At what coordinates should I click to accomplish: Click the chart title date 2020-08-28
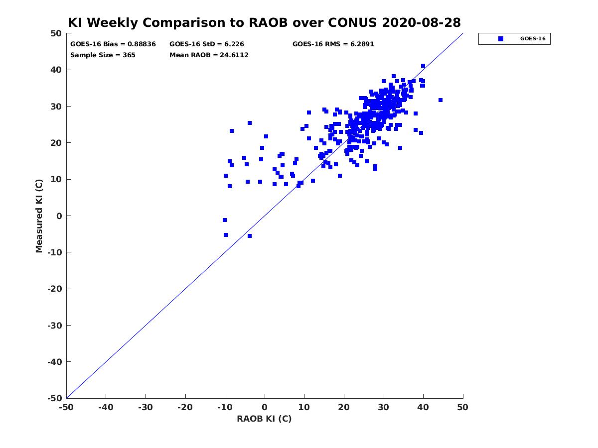(421, 22)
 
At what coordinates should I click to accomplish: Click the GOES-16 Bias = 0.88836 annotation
(113, 44)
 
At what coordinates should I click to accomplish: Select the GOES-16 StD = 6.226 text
(206, 44)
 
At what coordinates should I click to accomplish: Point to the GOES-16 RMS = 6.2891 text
(333, 44)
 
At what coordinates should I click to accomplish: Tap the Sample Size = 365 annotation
(103, 55)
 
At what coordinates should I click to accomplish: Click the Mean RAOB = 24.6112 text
(209, 55)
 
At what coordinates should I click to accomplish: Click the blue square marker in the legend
(501, 39)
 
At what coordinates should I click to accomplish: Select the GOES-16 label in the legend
(533, 39)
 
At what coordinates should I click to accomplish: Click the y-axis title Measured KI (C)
(39, 216)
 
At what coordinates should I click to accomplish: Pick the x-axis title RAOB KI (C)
(264, 419)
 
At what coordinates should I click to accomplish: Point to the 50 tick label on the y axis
(56, 33)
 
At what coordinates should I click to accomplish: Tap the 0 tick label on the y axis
(59, 216)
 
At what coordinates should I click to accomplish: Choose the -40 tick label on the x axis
(106, 407)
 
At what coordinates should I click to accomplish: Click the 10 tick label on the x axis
(304, 407)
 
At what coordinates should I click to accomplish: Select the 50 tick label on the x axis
(462, 407)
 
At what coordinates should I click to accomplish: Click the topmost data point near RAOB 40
(423, 66)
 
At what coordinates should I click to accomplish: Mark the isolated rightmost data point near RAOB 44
(440, 100)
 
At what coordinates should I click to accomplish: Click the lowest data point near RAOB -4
(250, 236)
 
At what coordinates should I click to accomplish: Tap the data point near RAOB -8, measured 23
(232, 131)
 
